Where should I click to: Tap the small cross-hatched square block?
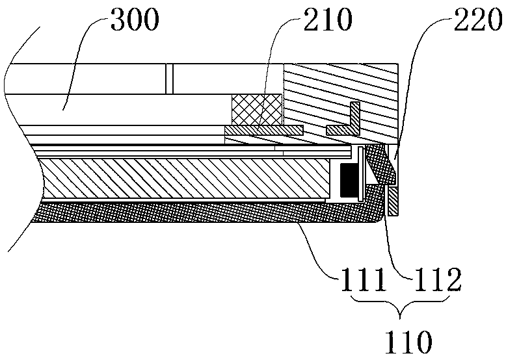(x=257, y=109)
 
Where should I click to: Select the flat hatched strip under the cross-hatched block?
(x=263, y=131)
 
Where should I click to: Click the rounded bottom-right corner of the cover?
(x=375, y=218)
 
